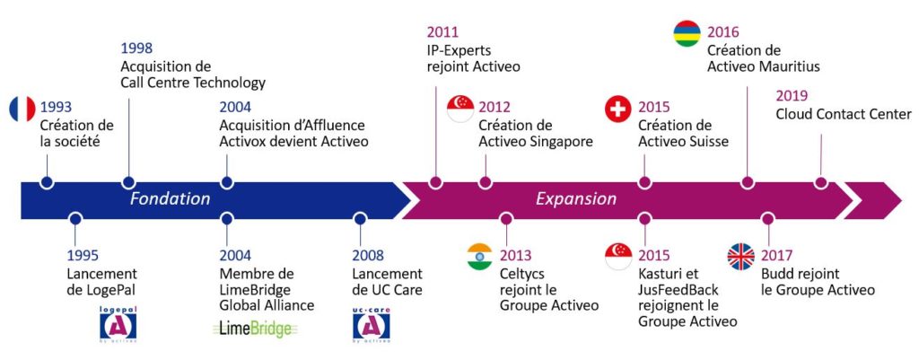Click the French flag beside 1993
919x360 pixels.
coord(22,109)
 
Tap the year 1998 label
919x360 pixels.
coord(136,48)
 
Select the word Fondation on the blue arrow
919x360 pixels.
coord(170,198)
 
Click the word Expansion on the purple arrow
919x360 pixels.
coord(576,198)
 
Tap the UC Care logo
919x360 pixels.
coord(371,325)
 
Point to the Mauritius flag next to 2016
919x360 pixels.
coord(687,33)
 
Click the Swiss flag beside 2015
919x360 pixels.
coord(617,109)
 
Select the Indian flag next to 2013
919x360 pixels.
coord(479,256)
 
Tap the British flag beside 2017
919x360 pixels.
coord(740,256)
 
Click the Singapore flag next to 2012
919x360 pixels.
coord(460,109)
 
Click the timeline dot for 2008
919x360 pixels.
coord(360,219)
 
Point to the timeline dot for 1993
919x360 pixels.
coord(47,182)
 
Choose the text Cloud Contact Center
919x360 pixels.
coord(844,114)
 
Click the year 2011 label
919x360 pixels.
coord(442,31)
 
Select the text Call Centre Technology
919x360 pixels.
coord(193,83)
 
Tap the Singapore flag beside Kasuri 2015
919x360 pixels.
coord(617,256)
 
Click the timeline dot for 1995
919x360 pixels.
coord(74,219)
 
